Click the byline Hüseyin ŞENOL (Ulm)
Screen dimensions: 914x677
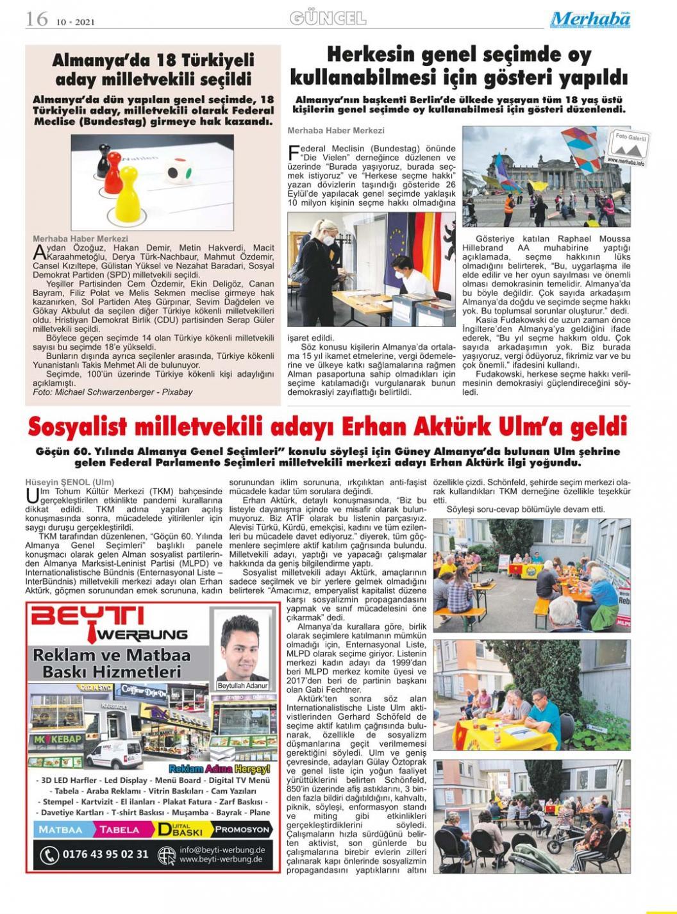pos(69,482)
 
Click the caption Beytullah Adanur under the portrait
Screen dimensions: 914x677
pos(242,685)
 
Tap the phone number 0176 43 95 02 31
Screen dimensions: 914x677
pos(104,854)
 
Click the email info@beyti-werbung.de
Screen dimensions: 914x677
pos(222,850)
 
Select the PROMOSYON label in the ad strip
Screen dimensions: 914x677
pos(242,829)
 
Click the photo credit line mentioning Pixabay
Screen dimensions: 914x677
pos(112,391)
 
